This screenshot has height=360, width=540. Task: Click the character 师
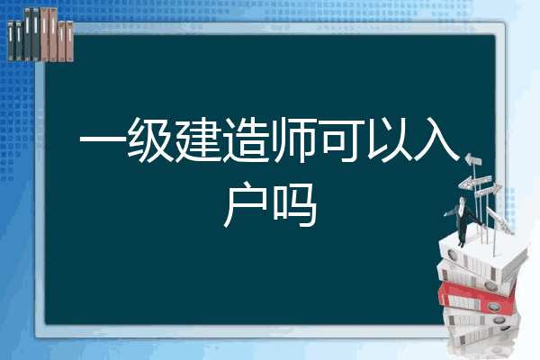293,140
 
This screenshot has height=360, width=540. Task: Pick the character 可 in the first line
342,140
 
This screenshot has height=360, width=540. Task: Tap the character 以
389,140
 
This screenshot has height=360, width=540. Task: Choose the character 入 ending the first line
436,140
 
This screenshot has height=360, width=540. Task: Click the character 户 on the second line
246,204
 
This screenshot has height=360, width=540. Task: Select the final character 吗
295,204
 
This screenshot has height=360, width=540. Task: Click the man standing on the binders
463,221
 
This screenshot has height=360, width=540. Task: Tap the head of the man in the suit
463,200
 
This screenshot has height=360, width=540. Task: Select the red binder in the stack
476,298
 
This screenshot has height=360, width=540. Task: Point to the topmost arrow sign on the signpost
472,159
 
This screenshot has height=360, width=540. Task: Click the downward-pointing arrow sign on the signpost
500,220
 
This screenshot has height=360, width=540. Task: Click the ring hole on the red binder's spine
493,306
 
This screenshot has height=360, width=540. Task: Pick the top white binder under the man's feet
482,255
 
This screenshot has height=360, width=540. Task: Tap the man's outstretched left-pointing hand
445,214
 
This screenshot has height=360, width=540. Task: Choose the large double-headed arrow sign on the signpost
474,182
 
